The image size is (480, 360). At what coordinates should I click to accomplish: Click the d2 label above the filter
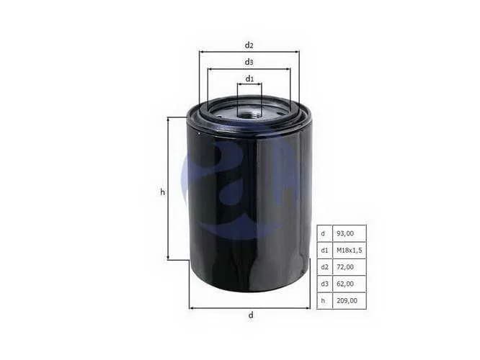249,45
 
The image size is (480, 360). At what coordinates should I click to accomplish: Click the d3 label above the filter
249,62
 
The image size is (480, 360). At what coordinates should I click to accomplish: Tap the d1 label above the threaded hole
250,79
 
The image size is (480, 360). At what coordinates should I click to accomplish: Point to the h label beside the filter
163,192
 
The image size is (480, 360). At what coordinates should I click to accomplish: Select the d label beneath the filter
251,315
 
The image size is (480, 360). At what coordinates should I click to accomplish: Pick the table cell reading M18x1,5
350,250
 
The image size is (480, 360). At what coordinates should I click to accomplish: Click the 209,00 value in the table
347,301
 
